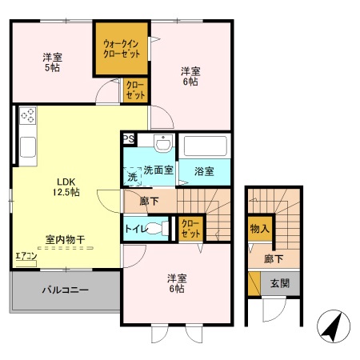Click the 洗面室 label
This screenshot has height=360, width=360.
[x=158, y=170]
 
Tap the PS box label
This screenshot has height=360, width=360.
[x=129, y=138]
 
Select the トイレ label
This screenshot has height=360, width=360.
[x=134, y=227]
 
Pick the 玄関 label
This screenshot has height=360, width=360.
[x=280, y=282]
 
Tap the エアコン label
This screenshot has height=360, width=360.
[x=24, y=258]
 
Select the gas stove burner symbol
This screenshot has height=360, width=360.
[x=28, y=117]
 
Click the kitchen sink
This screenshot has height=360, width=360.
[x=27, y=148]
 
